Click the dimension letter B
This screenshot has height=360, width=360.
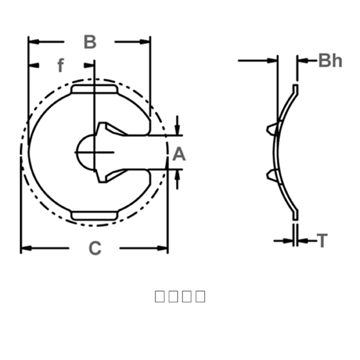click(x=89, y=42)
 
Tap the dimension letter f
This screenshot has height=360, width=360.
click(x=60, y=65)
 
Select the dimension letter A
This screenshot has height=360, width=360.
click(x=179, y=155)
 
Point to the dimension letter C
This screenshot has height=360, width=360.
click(x=95, y=248)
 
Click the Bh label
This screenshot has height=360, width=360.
click(x=330, y=60)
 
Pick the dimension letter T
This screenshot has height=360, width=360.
click(x=323, y=241)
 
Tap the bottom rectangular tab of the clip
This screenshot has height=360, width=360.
click(x=94, y=215)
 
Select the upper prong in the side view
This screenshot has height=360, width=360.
click(x=273, y=128)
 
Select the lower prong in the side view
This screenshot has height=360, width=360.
click(x=273, y=175)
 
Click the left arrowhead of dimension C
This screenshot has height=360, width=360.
click(x=25, y=248)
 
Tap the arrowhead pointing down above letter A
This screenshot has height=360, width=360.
click(x=178, y=130)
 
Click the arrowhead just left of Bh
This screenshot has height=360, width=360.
click(x=302, y=61)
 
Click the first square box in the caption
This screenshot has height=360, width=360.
click(x=160, y=296)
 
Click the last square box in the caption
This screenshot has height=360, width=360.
click(x=200, y=296)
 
